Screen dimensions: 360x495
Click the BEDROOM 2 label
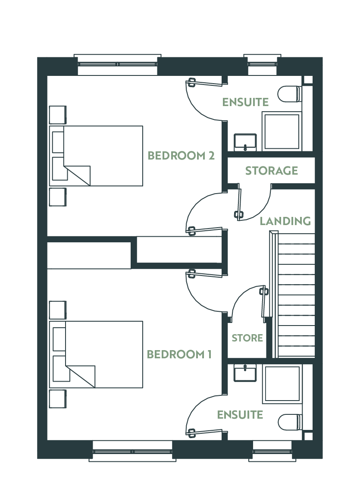pos(181,156)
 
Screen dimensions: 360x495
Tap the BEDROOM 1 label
pos(179,354)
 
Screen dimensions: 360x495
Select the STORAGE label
pos(272,171)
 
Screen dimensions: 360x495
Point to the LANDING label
pos(285,221)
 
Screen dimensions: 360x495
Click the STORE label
pos(247,338)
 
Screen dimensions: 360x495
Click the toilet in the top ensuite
pos(290,94)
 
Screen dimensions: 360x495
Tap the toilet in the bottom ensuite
pos(290,422)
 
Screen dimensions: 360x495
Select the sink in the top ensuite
pos(245,142)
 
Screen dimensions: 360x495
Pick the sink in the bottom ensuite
pos(245,373)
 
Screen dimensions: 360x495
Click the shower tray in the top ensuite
pos(282,131)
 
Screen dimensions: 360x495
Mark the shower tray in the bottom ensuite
pos(282,384)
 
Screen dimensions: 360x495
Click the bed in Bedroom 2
pos(96,156)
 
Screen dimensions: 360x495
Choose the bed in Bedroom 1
pos(96,354)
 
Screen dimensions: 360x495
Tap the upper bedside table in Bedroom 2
pos(58,115)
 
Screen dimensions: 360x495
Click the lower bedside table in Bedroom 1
pos(58,399)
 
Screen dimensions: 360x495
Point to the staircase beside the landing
pos(292,295)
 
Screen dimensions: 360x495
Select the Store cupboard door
pos(264,301)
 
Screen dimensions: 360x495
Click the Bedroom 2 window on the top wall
pos(117,64)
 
